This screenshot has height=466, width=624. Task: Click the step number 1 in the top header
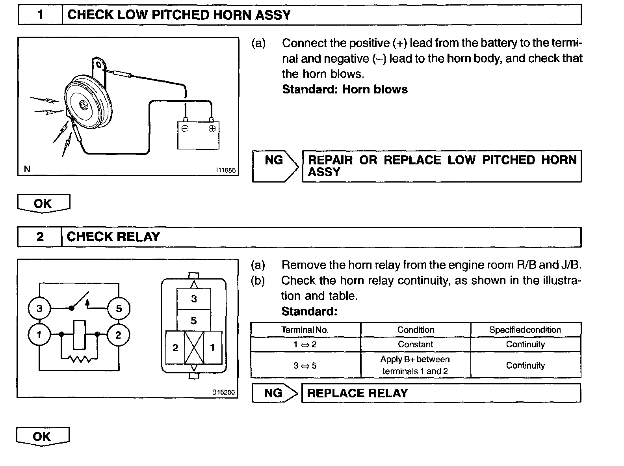click(x=40, y=15)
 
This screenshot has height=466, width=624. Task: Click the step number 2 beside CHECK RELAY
click(x=40, y=237)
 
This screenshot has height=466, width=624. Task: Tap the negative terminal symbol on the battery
click(x=185, y=129)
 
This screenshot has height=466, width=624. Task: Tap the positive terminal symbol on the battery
click(x=212, y=129)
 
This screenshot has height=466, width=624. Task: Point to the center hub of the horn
click(x=84, y=105)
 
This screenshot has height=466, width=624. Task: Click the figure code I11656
click(x=225, y=170)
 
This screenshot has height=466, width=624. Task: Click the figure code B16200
click(x=223, y=392)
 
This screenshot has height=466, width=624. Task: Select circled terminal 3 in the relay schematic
click(x=39, y=308)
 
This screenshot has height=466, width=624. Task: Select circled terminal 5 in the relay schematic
click(x=119, y=308)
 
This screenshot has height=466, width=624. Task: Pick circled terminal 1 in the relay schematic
click(x=39, y=335)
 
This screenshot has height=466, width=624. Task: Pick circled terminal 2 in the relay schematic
click(x=118, y=335)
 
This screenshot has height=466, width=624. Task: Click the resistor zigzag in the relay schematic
click(x=80, y=359)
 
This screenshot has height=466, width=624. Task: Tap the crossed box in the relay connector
click(x=194, y=347)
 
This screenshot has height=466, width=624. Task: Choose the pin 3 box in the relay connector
click(x=194, y=299)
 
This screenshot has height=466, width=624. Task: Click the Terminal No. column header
click(x=305, y=330)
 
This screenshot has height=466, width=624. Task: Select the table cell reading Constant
click(x=415, y=344)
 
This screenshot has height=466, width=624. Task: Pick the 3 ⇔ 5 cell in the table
click(x=305, y=365)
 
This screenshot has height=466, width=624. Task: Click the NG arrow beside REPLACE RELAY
click(x=275, y=393)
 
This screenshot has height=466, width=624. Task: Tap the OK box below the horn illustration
click(x=43, y=203)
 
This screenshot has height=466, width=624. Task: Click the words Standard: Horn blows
click(x=345, y=89)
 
